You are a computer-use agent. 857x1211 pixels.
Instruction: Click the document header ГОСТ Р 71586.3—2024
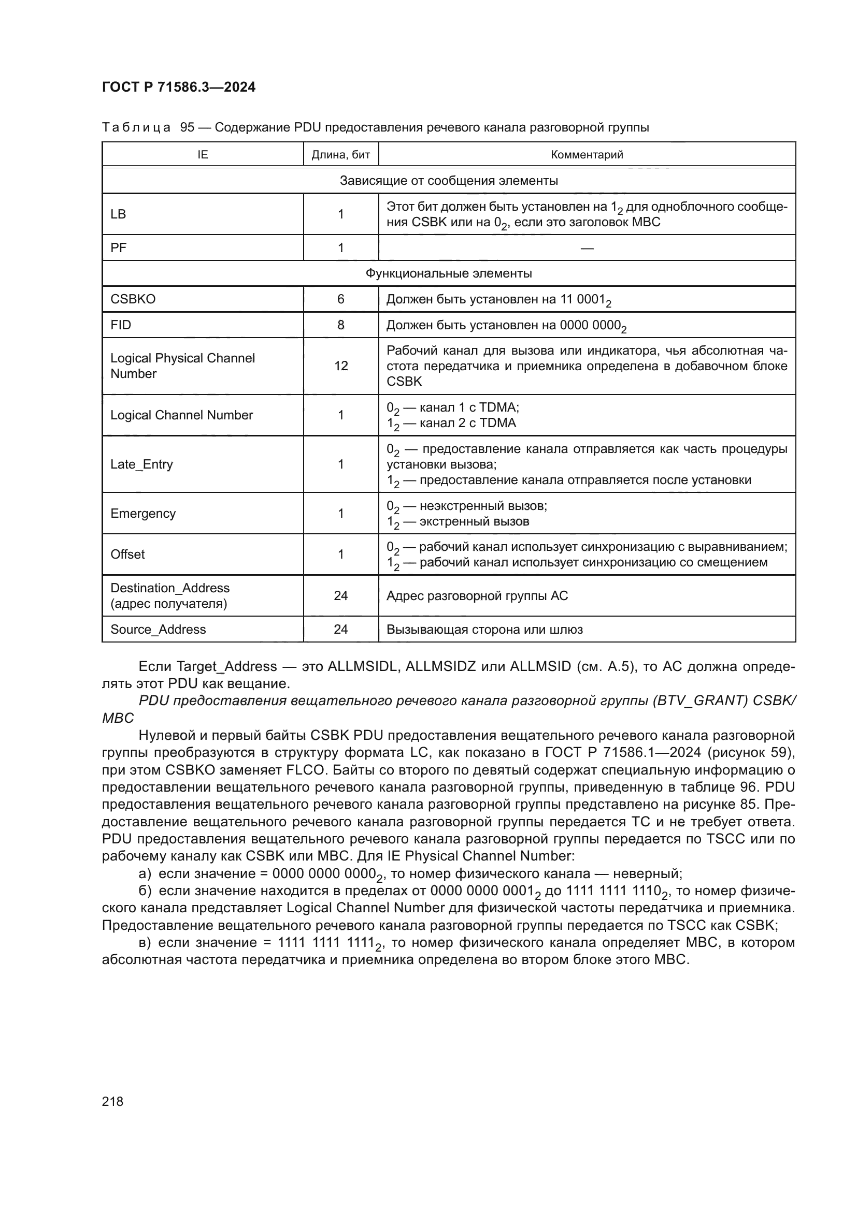(178, 87)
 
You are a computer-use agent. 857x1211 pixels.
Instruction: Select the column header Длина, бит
(340, 154)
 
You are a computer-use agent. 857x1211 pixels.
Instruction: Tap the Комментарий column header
(587, 154)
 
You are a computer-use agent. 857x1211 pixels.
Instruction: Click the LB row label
(118, 214)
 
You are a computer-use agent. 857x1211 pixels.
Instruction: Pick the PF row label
(118, 248)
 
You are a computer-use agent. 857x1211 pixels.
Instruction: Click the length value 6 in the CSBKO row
(340, 299)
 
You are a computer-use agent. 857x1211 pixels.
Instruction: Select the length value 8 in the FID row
(340, 325)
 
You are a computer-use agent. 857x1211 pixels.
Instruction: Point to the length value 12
(340, 366)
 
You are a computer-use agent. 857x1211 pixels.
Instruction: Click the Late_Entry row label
(141, 464)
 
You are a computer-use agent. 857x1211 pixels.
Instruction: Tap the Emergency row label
(142, 513)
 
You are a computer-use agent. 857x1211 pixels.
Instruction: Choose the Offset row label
(127, 555)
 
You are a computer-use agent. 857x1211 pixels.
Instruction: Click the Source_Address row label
(158, 629)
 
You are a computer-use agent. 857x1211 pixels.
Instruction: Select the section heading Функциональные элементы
(449, 273)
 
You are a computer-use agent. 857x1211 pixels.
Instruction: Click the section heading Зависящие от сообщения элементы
(449, 181)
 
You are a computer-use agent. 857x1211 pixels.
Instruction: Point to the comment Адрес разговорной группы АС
(477, 596)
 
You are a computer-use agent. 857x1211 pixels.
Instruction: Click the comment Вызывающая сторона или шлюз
(484, 629)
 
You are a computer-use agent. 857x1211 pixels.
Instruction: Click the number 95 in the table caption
(188, 128)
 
